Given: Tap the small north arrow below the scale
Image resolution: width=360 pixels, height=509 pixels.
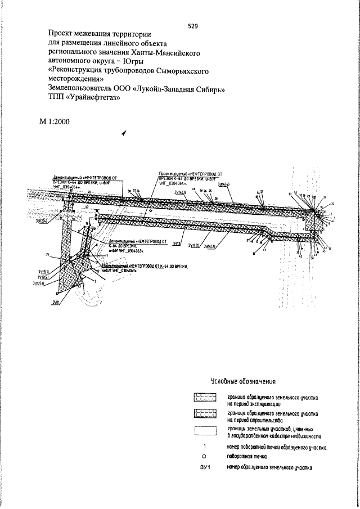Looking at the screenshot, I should click(123, 133).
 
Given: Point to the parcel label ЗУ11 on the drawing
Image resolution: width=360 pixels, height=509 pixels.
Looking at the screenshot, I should click(56, 302).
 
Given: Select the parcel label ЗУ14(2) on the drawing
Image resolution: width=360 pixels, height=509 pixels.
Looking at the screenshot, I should click(211, 245).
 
